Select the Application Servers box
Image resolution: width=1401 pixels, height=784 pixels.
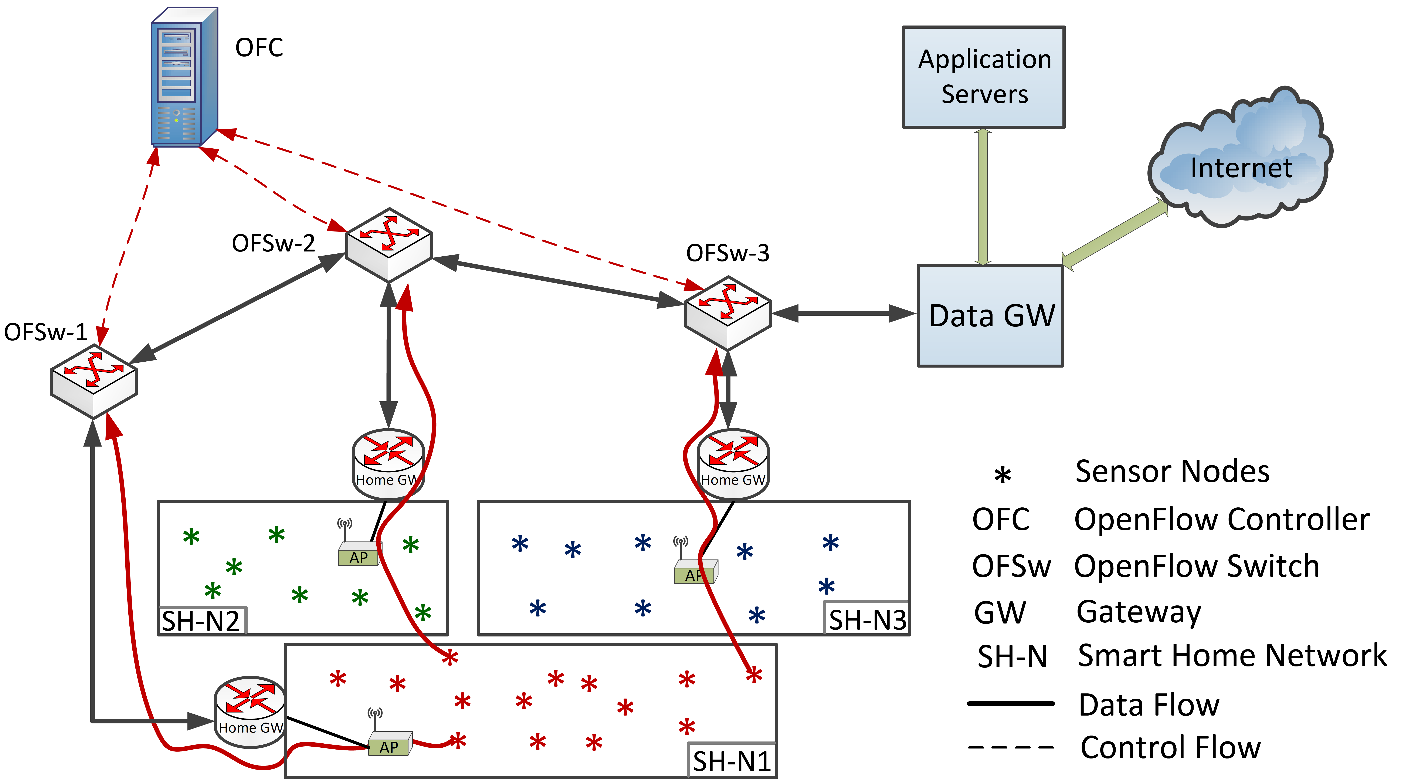coord(983,77)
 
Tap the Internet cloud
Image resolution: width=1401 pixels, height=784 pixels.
coord(1241,163)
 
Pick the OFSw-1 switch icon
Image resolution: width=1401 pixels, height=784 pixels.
coord(94,381)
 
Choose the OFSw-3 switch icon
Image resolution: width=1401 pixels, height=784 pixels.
coord(728,313)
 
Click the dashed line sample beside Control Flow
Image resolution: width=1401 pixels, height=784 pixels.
coord(1011,748)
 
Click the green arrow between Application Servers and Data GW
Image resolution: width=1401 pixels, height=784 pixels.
coord(983,196)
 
